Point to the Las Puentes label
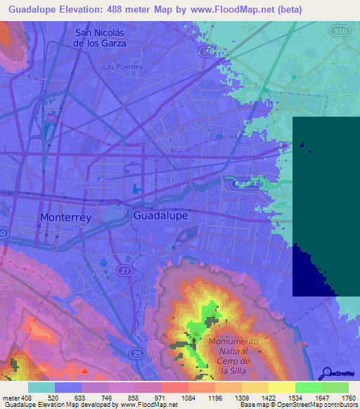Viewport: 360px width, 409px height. [123, 67]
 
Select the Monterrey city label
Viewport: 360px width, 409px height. [65, 218]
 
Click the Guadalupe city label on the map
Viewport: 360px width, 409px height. [160, 216]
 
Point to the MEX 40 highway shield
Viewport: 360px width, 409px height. [247, 182]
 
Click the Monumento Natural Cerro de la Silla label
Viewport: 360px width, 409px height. [234, 356]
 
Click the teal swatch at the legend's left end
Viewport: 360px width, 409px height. [41, 387]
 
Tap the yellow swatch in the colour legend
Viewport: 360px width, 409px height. [281, 387]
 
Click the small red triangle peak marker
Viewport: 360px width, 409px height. [86, 370]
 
